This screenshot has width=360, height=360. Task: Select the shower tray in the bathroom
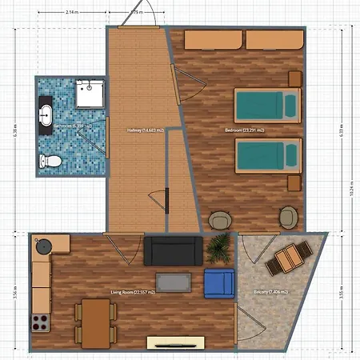point(88,95)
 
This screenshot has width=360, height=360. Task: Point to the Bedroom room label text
point(245,130)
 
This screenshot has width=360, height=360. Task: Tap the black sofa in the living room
point(172,250)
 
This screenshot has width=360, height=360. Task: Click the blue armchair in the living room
point(218,282)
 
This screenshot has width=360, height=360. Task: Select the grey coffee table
point(174,283)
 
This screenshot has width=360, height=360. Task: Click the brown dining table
point(94,322)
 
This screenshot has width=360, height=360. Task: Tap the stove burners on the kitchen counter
point(38,323)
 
